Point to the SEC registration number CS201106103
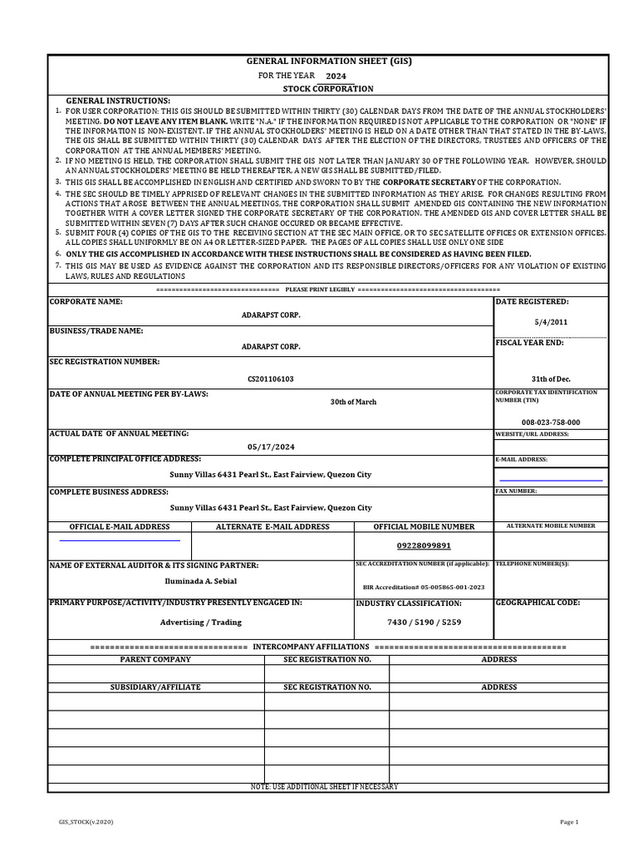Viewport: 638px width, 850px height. (x=270, y=379)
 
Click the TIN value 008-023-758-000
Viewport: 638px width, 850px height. (x=551, y=422)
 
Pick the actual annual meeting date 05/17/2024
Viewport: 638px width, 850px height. (x=270, y=447)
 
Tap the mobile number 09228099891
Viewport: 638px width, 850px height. (x=424, y=545)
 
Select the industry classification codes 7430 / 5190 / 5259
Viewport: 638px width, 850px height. (x=424, y=622)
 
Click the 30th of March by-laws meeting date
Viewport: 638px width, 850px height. (x=353, y=402)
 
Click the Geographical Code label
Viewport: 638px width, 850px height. (x=537, y=603)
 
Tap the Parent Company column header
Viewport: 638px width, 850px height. (x=155, y=659)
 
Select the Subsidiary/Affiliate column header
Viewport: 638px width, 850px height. (x=155, y=687)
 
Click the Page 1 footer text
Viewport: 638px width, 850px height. (x=569, y=822)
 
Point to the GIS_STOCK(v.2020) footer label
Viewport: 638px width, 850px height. (x=86, y=822)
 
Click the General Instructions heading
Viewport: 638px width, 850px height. (x=118, y=100)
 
